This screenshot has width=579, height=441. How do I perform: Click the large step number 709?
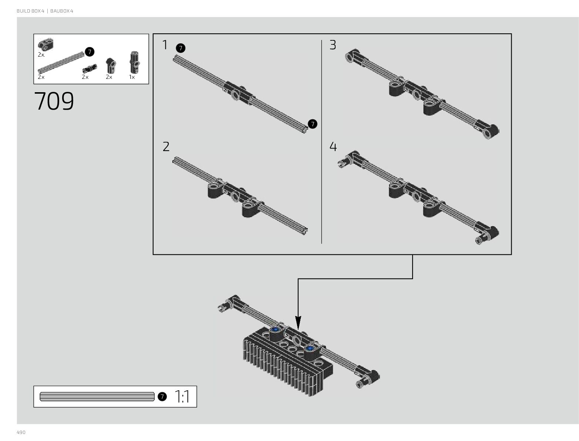[x=54, y=101]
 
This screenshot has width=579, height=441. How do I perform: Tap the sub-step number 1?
[x=165, y=45]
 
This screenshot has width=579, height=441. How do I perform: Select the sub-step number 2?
[x=166, y=147]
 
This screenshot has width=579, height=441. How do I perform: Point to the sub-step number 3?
[x=333, y=45]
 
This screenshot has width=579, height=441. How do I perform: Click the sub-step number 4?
[x=333, y=147]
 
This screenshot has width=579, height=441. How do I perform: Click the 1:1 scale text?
[x=182, y=397]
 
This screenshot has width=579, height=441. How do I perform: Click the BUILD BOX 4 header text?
[x=30, y=11]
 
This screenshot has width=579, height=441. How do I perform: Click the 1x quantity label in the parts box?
[x=132, y=77]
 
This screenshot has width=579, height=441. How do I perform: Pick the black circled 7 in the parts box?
[x=89, y=52]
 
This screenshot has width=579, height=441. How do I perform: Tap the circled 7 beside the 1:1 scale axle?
[x=162, y=397]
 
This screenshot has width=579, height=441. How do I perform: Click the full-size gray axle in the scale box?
[x=97, y=397]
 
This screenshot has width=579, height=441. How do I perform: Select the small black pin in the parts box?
[x=90, y=67]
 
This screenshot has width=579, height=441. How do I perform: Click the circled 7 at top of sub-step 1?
[x=181, y=48]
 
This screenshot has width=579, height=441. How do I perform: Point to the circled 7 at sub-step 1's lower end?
[x=313, y=124]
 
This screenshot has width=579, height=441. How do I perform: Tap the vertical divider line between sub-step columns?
[x=322, y=141]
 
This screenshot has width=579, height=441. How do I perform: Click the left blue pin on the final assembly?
[x=275, y=329]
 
